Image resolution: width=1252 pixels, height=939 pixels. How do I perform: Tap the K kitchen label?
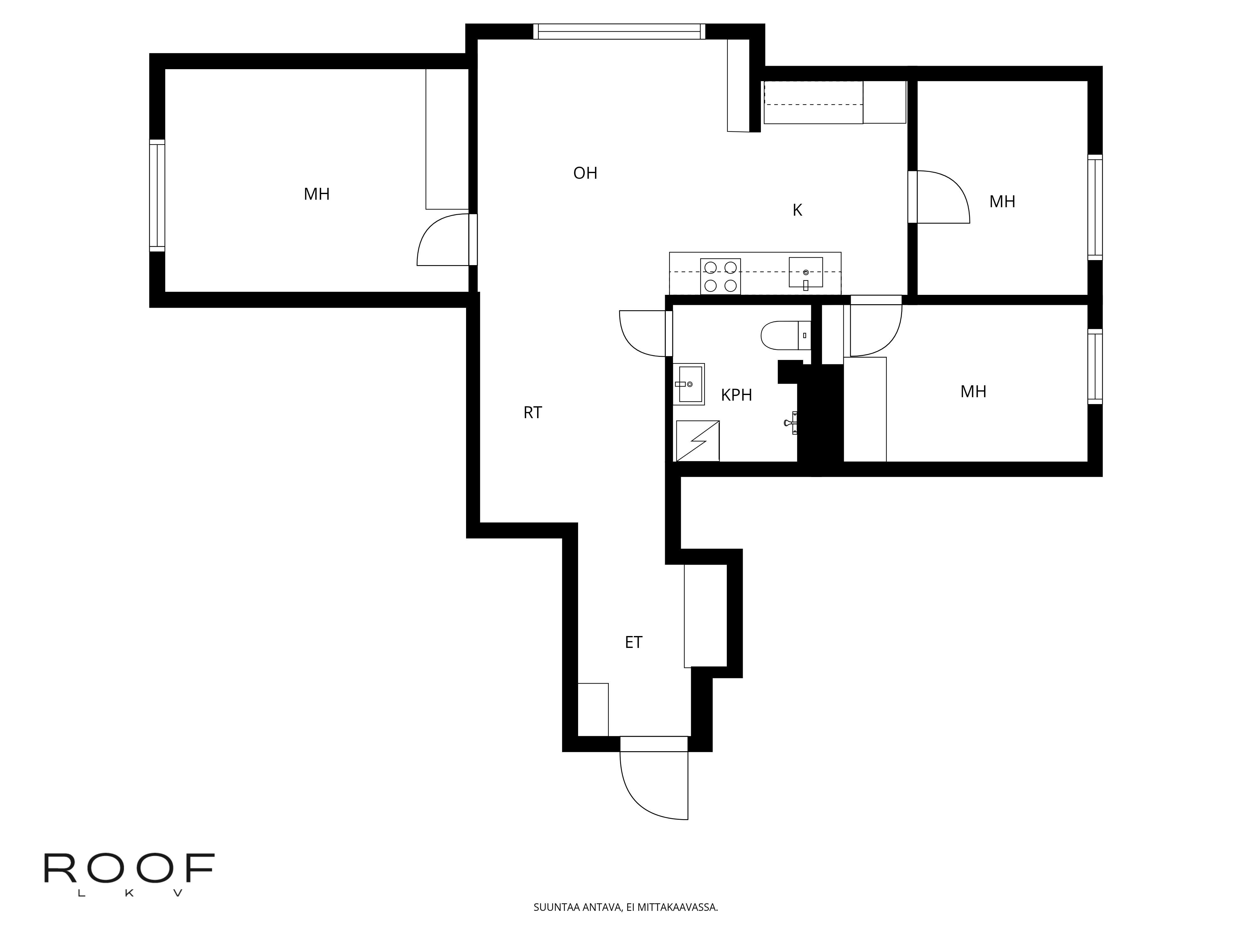[797, 211]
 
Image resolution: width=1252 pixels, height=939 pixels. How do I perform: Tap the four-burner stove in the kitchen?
[720, 276]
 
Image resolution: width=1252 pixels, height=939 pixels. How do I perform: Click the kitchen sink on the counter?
[805, 273]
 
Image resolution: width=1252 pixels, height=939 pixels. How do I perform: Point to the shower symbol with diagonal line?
[697, 441]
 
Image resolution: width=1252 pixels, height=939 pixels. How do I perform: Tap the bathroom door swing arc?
[642, 334]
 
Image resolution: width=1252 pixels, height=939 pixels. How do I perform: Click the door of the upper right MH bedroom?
[942, 197]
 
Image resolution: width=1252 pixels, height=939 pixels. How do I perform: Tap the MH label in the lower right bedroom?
[973, 392]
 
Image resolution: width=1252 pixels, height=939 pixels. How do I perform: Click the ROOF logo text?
[129, 868]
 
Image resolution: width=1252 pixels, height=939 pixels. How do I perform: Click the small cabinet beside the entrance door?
[593, 709]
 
